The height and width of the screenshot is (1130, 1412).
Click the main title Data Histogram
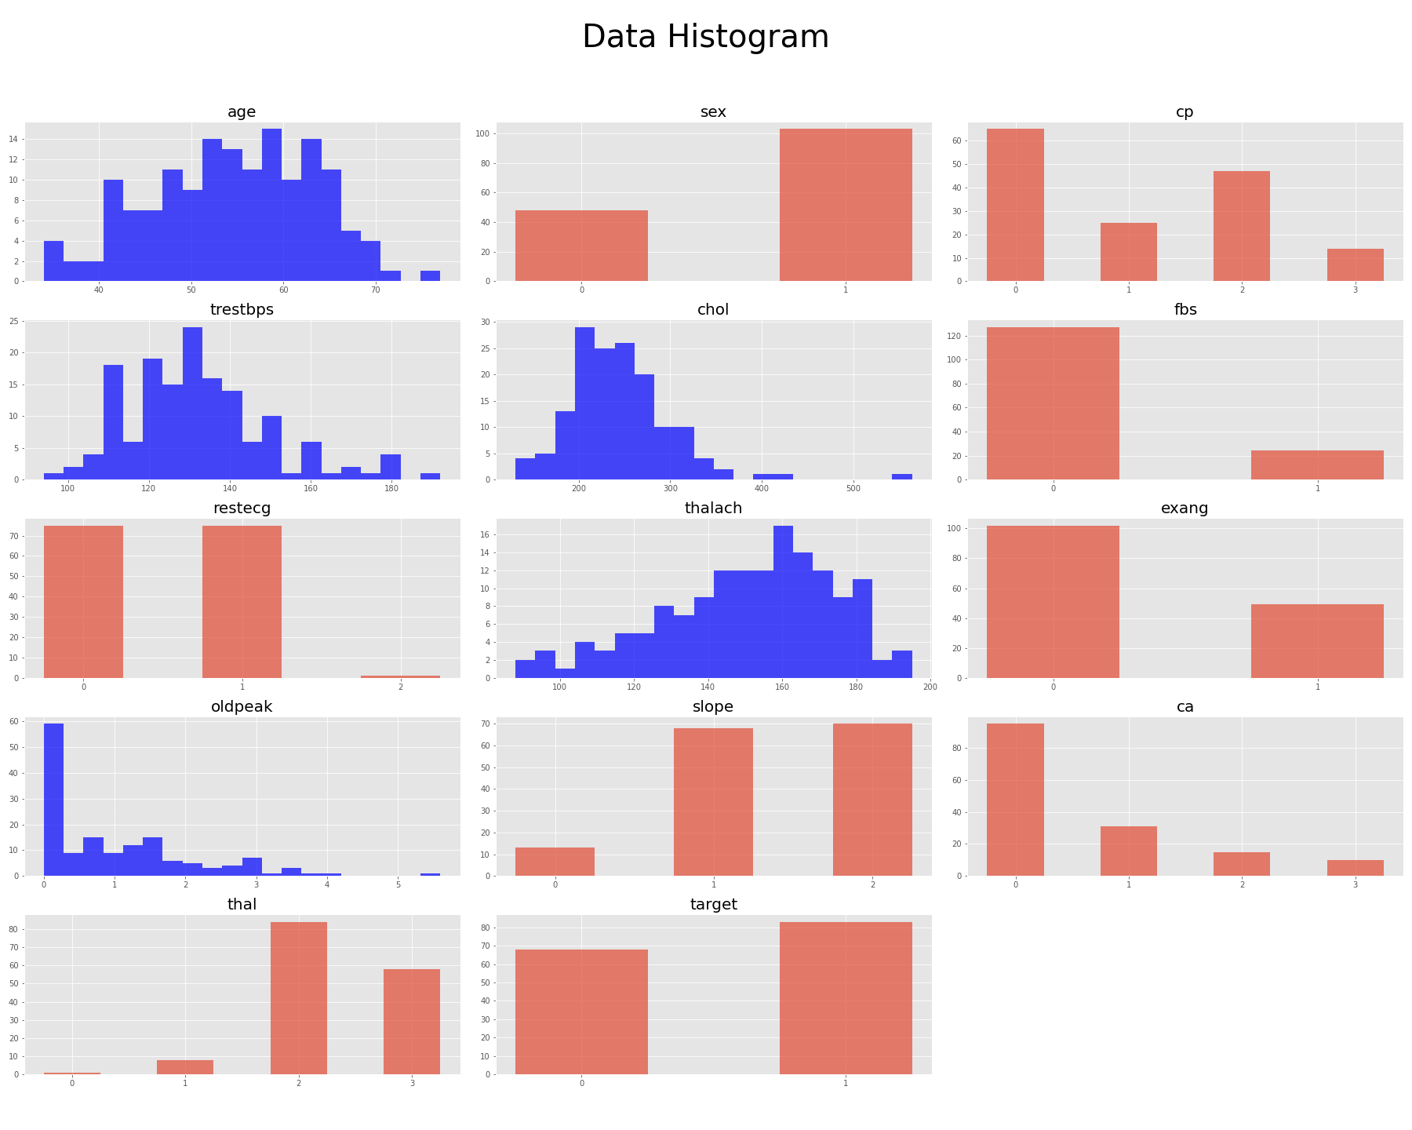tap(705, 37)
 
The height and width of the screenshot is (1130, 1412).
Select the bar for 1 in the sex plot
tap(846, 205)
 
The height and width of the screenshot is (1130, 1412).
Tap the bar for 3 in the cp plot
tap(1355, 265)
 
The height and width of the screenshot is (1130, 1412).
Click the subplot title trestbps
tap(242, 310)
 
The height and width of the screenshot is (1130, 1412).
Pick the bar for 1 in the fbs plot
tap(1317, 465)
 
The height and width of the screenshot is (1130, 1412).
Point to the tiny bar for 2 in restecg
tap(400, 676)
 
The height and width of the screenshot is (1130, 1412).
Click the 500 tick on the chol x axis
tap(853, 489)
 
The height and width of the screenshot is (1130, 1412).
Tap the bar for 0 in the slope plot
tap(555, 862)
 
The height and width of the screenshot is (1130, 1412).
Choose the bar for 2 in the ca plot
tap(1241, 864)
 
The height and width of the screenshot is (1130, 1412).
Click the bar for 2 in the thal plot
tap(298, 998)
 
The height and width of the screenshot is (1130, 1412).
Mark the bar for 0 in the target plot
tap(581, 1012)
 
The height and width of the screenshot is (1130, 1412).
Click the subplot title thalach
tap(713, 508)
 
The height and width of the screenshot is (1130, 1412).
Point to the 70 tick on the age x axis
tap(376, 290)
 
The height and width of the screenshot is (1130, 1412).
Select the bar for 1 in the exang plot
tap(1317, 641)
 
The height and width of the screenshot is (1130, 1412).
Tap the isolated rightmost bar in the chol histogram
tap(901, 477)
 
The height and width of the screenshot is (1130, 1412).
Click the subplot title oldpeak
tap(242, 707)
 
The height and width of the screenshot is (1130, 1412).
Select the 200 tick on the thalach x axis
tap(930, 687)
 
